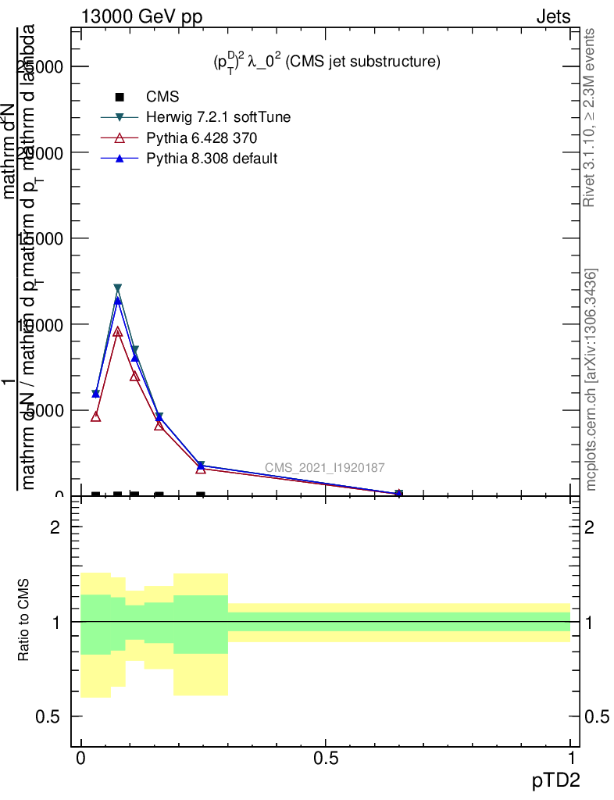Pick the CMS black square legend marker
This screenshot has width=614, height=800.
[x=120, y=97]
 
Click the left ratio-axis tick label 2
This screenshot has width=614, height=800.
[x=55, y=527]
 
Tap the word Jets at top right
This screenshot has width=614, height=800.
[x=552, y=17]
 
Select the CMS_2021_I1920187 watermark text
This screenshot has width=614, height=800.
[x=324, y=468]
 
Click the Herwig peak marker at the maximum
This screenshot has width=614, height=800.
[x=118, y=289]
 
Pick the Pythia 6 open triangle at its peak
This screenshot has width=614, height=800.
[x=118, y=331]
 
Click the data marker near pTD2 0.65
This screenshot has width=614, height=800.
[x=398, y=493]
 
